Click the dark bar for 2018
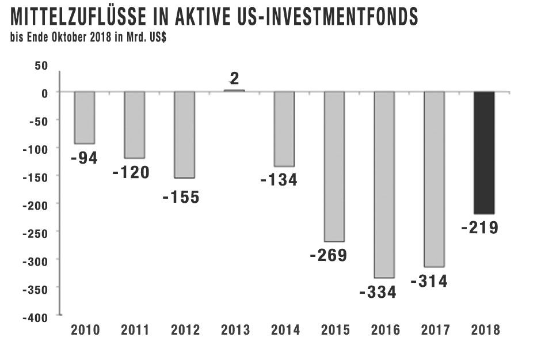point(484,153)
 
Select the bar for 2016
point(384,184)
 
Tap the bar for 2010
point(85,118)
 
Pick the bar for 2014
point(284,128)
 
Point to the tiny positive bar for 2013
point(234,90)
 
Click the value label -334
point(378,292)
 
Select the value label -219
point(479,228)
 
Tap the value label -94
point(84,157)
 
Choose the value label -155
point(181,197)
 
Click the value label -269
point(328,255)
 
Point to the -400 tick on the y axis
point(37,316)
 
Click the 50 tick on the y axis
point(41,65)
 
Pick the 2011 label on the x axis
point(135,330)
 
